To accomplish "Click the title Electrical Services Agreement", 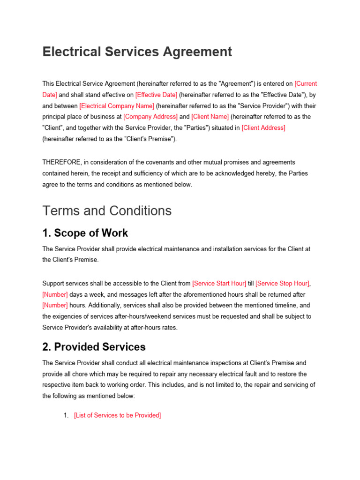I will click(137, 52).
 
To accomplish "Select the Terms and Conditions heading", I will click(107, 211).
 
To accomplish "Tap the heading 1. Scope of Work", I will click(85, 233).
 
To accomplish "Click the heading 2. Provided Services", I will click(94, 347).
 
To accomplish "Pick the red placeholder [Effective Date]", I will click(156, 95).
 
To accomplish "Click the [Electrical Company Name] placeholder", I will click(117, 106).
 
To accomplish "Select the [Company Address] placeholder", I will click(150, 117).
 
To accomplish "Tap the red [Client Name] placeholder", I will click(210, 117).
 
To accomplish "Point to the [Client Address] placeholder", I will click(263, 128).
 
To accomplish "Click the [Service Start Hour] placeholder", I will click(219, 284).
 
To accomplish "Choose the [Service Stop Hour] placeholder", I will click(282, 284).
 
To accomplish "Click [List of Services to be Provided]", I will click(117, 415).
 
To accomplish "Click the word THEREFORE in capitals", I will click(62, 162).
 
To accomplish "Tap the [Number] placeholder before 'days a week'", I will click(55, 294).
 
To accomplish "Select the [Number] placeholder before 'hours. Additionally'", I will click(55, 306).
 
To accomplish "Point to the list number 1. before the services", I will click(66, 415).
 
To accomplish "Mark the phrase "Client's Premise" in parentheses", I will click(153, 139).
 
